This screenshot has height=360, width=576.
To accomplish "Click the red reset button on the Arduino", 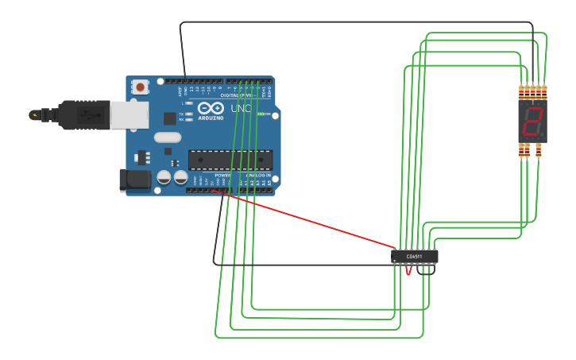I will tap(141, 87).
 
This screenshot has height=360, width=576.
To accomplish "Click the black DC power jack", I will tap(134, 180).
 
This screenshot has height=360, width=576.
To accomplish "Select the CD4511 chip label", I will tap(414, 257).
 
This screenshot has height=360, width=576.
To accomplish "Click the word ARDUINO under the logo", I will tap(211, 118).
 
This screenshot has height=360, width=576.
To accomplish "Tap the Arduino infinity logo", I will tap(211, 108).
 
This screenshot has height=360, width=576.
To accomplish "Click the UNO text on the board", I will tap(240, 109).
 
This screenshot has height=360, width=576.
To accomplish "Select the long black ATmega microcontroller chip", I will tap(230, 160).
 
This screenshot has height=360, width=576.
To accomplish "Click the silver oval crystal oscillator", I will tap(168, 137).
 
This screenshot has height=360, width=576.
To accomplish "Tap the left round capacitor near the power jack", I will tap(164, 176).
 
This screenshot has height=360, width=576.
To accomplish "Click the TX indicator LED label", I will tap(182, 114).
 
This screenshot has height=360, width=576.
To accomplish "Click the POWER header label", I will tap(223, 174).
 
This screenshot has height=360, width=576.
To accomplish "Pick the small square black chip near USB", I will tap(169, 118).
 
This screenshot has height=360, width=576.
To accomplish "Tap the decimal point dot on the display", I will tap(542, 134).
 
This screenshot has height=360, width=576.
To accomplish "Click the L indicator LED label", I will tap(182, 103).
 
